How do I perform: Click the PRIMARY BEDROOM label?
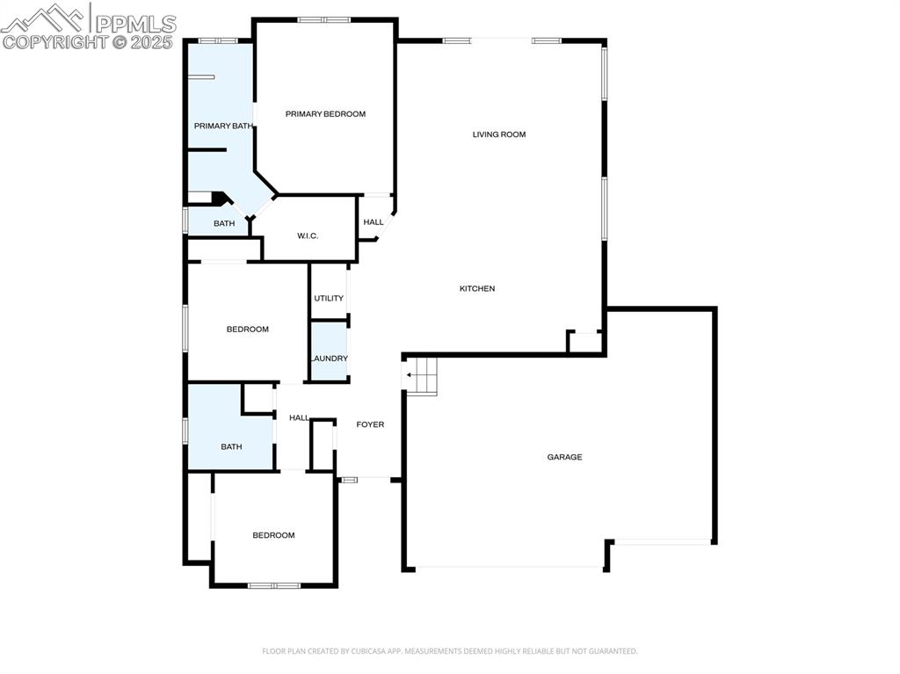pyautogui.click(x=325, y=114)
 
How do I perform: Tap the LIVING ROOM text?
pyautogui.click(x=498, y=134)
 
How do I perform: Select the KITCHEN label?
pyautogui.click(x=477, y=289)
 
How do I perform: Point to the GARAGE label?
pyautogui.click(x=564, y=457)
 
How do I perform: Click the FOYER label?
pyautogui.click(x=370, y=424)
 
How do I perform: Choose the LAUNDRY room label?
pyautogui.click(x=329, y=359)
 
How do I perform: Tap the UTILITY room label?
pyautogui.click(x=329, y=299)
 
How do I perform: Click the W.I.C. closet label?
pyautogui.click(x=307, y=236)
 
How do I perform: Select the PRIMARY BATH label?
pyautogui.click(x=222, y=127)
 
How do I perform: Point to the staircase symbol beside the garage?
pyautogui.click(x=421, y=375)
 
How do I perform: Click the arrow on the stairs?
pyautogui.click(x=410, y=375)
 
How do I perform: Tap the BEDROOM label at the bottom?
pyautogui.click(x=273, y=535)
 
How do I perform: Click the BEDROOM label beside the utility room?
pyautogui.click(x=247, y=330)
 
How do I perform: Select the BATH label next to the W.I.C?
pyautogui.click(x=224, y=223)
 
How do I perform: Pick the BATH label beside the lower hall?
pyautogui.click(x=231, y=446)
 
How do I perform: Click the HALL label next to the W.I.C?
pyautogui.click(x=373, y=222)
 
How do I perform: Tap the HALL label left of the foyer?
pyautogui.click(x=299, y=417)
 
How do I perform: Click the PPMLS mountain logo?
pyautogui.click(x=44, y=18)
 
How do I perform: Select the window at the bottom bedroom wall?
pyautogui.click(x=273, y=585)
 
